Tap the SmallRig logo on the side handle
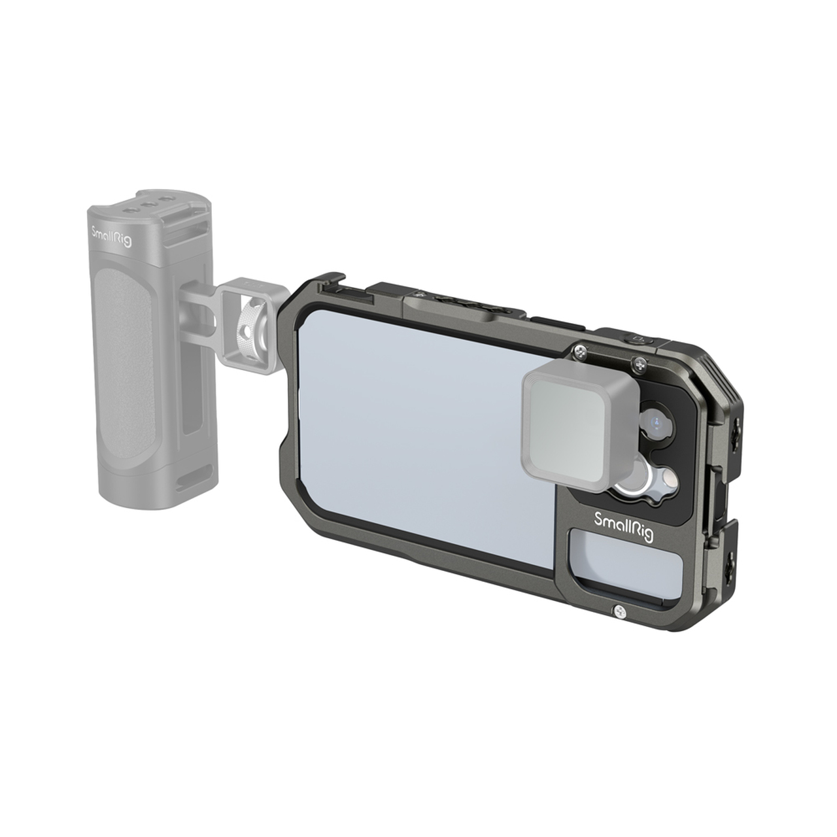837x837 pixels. (112, 237)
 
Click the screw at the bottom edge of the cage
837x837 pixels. (621, 613)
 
